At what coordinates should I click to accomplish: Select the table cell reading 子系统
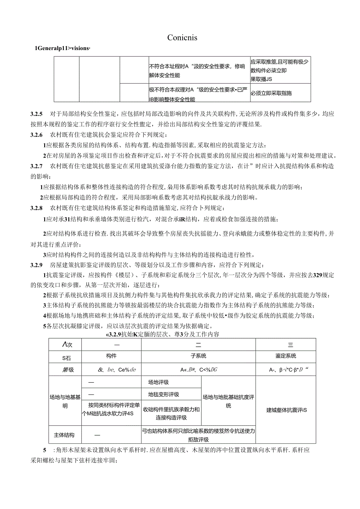[x=198, y=356]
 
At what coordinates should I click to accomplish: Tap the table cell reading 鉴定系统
[x=286, y=356]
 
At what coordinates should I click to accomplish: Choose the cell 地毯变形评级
[x=163, y=394]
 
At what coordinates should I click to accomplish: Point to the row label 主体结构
[x=64, y=435]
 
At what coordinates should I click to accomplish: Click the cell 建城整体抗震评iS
[x=286, y=410]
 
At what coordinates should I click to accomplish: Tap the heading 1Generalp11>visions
[x=63, y=49]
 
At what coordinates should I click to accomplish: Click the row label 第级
[x=64, y=369]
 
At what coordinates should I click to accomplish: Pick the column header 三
[x=290, y=344]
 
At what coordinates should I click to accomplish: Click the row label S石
[x=64, y=356]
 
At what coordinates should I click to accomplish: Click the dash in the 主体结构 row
[x=97, y=435]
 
